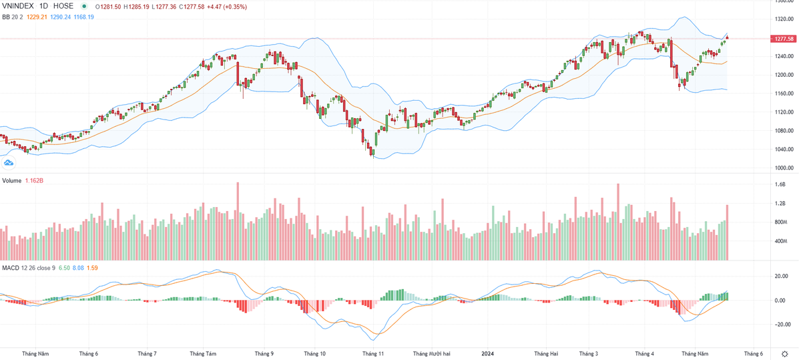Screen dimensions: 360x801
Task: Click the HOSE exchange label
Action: (x=63, y=6)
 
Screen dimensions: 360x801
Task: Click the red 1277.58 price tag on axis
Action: (x=784, y=39)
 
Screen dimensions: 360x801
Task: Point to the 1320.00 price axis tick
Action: (x=784, y=19)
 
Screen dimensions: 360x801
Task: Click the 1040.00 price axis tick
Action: (x=784, y=150)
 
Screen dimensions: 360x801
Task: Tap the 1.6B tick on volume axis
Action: (x=780, y=184)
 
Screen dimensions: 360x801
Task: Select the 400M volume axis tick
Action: (x=780, y=240)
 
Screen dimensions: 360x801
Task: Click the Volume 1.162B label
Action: (x=23, y=181)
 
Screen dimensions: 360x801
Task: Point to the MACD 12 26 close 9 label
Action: (x=28, y=268)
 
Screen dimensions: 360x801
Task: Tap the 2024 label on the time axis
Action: (x=488, y=354)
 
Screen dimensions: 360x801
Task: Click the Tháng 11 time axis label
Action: (x=372, y=354)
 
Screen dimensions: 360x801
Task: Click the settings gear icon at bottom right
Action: (x=785, y=353)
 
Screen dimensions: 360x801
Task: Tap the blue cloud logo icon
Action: (x=9, y=162)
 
